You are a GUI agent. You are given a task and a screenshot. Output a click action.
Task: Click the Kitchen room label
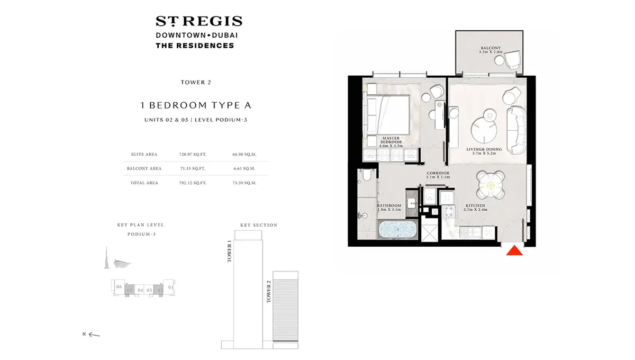pos(475,207)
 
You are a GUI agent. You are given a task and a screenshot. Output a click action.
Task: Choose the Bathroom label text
pos(389,207)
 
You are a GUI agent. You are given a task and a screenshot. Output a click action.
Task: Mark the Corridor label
pos(438,175)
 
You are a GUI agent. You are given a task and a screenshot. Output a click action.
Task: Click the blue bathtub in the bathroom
pos(397,231)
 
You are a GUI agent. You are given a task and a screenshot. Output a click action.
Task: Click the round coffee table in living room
pos(484,127)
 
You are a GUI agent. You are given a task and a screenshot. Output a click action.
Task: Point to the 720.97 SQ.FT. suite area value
pos(193,155)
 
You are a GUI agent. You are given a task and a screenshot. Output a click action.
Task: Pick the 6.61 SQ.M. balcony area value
pos(244,168)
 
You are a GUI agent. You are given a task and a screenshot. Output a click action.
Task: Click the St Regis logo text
pos(198,22)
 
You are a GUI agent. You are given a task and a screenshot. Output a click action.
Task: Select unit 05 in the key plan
pos(129,290)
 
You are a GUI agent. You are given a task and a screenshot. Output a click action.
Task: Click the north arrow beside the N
pos(94,334)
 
